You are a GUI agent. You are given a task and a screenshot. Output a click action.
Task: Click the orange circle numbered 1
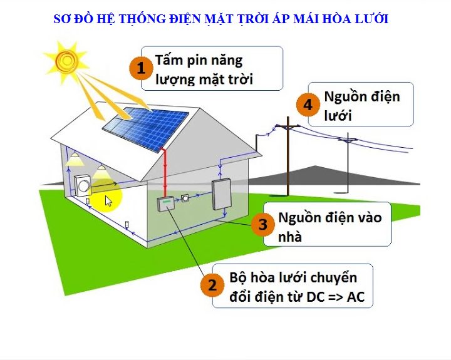coord(141,68)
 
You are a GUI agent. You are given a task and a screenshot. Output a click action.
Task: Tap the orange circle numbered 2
coord(212,285)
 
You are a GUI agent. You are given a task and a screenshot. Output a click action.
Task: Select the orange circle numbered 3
coord(263,224)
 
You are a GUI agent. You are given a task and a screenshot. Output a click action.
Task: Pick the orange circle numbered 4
coord(308,105)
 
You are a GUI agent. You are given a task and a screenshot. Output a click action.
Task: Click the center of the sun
coord(67,60)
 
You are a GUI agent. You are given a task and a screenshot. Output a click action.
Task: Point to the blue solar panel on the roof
coord(146,129)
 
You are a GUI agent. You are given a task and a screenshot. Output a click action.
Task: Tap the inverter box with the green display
coord(165,203)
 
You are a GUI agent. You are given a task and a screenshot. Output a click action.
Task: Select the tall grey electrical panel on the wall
coord(222,194)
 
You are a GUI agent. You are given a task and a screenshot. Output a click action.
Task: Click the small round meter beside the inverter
coord(185,198)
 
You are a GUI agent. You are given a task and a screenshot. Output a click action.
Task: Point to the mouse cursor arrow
coord(108,201)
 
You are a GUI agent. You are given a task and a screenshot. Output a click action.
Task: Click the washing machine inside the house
coord(83,186)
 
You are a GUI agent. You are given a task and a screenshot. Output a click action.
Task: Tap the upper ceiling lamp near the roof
coord(75,159)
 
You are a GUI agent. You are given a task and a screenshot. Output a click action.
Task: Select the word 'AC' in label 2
coord(356,297)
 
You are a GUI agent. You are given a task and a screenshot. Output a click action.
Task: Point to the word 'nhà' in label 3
coord(290,237)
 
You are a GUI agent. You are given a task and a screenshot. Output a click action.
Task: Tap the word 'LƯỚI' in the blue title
coord(372,19)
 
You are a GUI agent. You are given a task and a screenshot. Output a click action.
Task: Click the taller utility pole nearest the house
coord(288,157)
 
